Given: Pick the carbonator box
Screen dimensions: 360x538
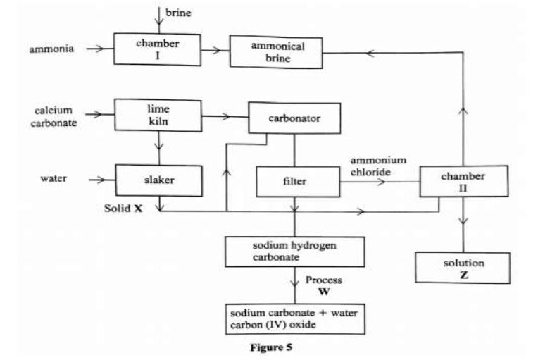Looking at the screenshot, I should [294, 119].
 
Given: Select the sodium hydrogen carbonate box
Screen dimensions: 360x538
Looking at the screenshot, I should [294, 252].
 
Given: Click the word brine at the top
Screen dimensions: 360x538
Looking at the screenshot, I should [177, 13].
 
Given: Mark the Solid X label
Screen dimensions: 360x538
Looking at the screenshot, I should [127, 209].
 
